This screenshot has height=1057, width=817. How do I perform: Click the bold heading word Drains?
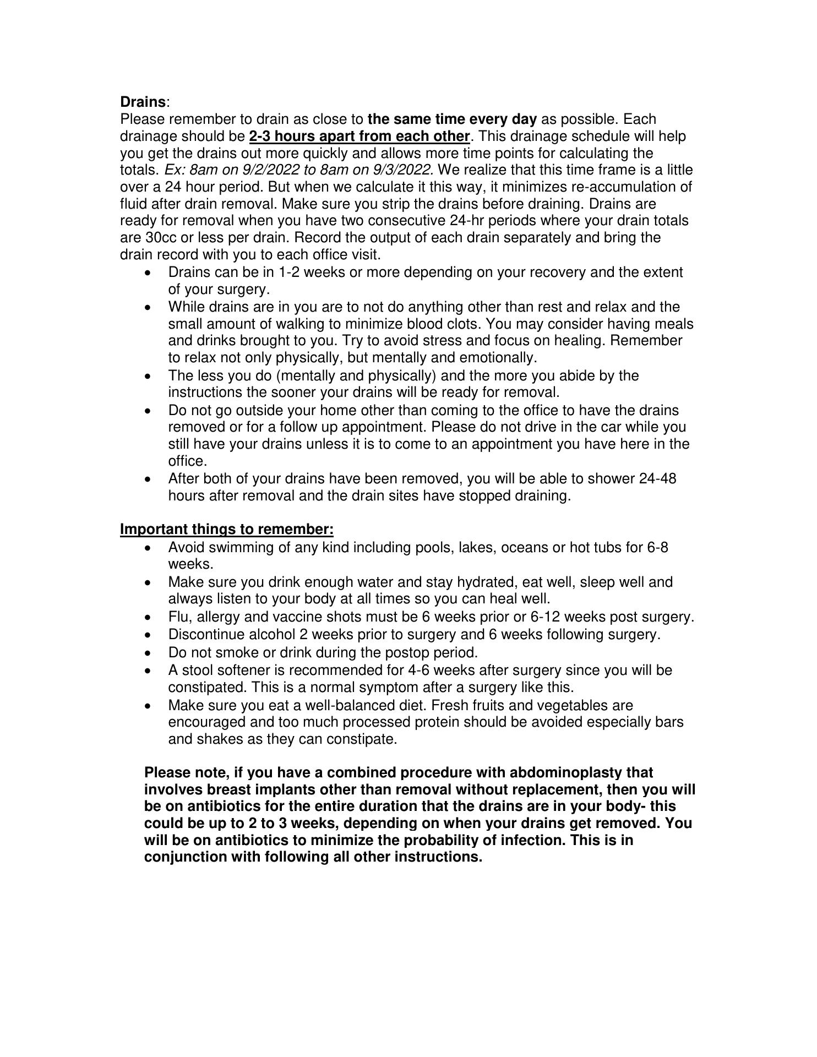[143, 102]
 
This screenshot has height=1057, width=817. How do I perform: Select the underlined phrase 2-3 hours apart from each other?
[360, 136]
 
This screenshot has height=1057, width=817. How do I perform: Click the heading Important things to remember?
[227, 530]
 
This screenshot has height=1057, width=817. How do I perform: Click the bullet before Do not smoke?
[147, 653]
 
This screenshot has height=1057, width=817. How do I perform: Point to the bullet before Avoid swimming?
[147, 548]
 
